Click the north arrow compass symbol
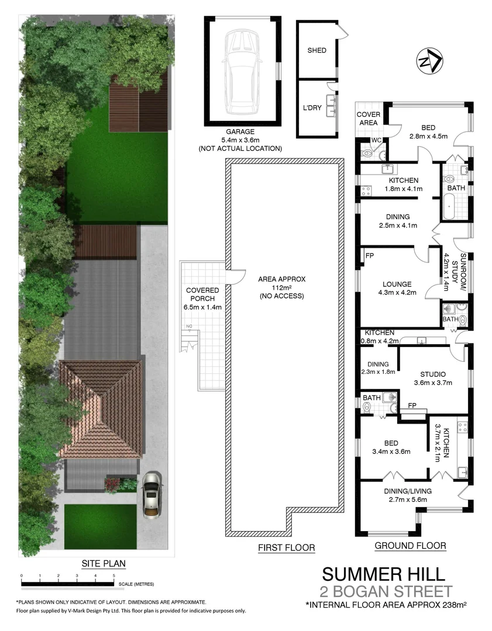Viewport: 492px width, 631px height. coord(430,61)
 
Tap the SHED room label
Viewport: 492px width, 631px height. coord(316,50)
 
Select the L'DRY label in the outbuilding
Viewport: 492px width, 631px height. coord(312,108)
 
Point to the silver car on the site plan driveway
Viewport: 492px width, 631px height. coord(152,494)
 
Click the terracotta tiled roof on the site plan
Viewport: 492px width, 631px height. coord(102,409)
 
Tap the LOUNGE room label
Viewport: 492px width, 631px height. coord(397,285)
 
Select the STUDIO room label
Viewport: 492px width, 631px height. coord(433,375)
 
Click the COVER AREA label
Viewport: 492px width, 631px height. coord(369,119)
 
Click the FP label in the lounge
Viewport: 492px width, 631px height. coord(369,256)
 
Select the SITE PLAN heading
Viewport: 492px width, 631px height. coord(104,564)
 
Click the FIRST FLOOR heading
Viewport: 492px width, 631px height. coord(286,548)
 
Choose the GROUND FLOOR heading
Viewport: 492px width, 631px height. coord(410,546)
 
